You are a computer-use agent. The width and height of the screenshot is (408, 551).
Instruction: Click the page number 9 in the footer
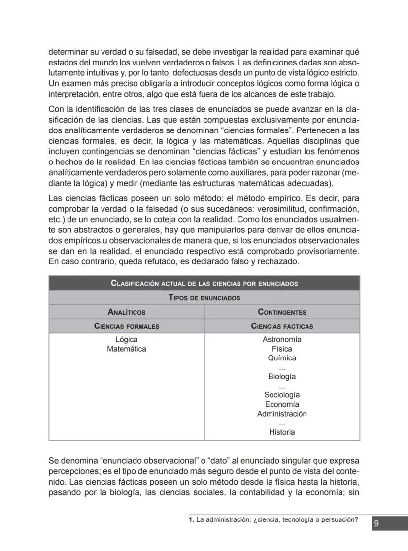(x=376, y=524)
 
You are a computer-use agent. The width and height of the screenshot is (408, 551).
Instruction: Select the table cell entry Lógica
(x=127, y=340)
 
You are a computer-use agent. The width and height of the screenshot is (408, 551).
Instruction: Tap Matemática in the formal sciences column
(x=127, y=349)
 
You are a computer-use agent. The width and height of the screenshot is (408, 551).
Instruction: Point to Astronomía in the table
(x=282, y=340)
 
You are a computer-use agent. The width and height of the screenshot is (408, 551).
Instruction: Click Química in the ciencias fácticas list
(x=282, y=358)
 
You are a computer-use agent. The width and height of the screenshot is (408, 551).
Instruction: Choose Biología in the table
(x=282, y=377)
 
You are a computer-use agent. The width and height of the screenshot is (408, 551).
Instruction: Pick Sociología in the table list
(x=282, y=395)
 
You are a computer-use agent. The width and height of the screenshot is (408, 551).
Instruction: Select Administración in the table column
(x=282, y=414)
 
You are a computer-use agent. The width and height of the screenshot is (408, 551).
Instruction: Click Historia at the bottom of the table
(x=282, y=432)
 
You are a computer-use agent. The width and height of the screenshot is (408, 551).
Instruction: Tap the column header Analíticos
(x=127, y=312)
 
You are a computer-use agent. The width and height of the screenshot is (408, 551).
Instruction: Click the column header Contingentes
(x=282, y=312)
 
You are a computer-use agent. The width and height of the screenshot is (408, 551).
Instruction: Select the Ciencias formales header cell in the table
(x=127, y=326)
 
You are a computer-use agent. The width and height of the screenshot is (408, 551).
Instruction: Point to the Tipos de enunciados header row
(x=204, y=297)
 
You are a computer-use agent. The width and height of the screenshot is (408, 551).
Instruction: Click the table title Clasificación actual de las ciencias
(x=204, y=283)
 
